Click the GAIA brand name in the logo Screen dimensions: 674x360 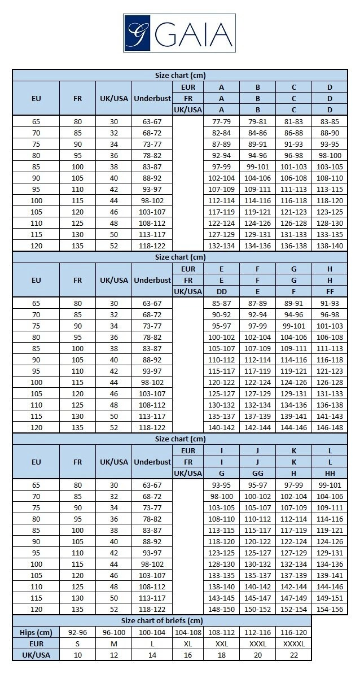[x=191, y=33]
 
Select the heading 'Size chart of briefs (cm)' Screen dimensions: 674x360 [x=162, y=621]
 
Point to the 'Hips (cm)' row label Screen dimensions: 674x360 [x=36, y=632]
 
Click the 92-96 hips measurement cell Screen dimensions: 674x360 [x=77, y=632]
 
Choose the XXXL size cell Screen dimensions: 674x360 [x=257, y=644]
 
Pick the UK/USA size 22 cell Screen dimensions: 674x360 [x=293, y=655]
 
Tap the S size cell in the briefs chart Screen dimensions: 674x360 [x=77, y=644]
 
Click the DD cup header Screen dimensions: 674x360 [x=221, y=291]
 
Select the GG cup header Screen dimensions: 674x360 [x=257, y=473]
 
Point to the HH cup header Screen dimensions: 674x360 [x=330, y=473]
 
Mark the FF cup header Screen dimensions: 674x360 [x=330, y=291]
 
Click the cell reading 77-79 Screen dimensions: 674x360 [x=221, y=121]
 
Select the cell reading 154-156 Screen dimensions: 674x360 [x=330, y=609]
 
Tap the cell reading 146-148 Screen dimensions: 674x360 [x=330, y=427]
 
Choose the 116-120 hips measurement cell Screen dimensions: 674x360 [x=293, y=632]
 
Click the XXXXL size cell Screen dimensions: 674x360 [x=293, y=644]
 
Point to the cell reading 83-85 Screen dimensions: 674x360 [x=330, y=121]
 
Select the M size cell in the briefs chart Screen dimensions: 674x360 [x=113, y=644]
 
